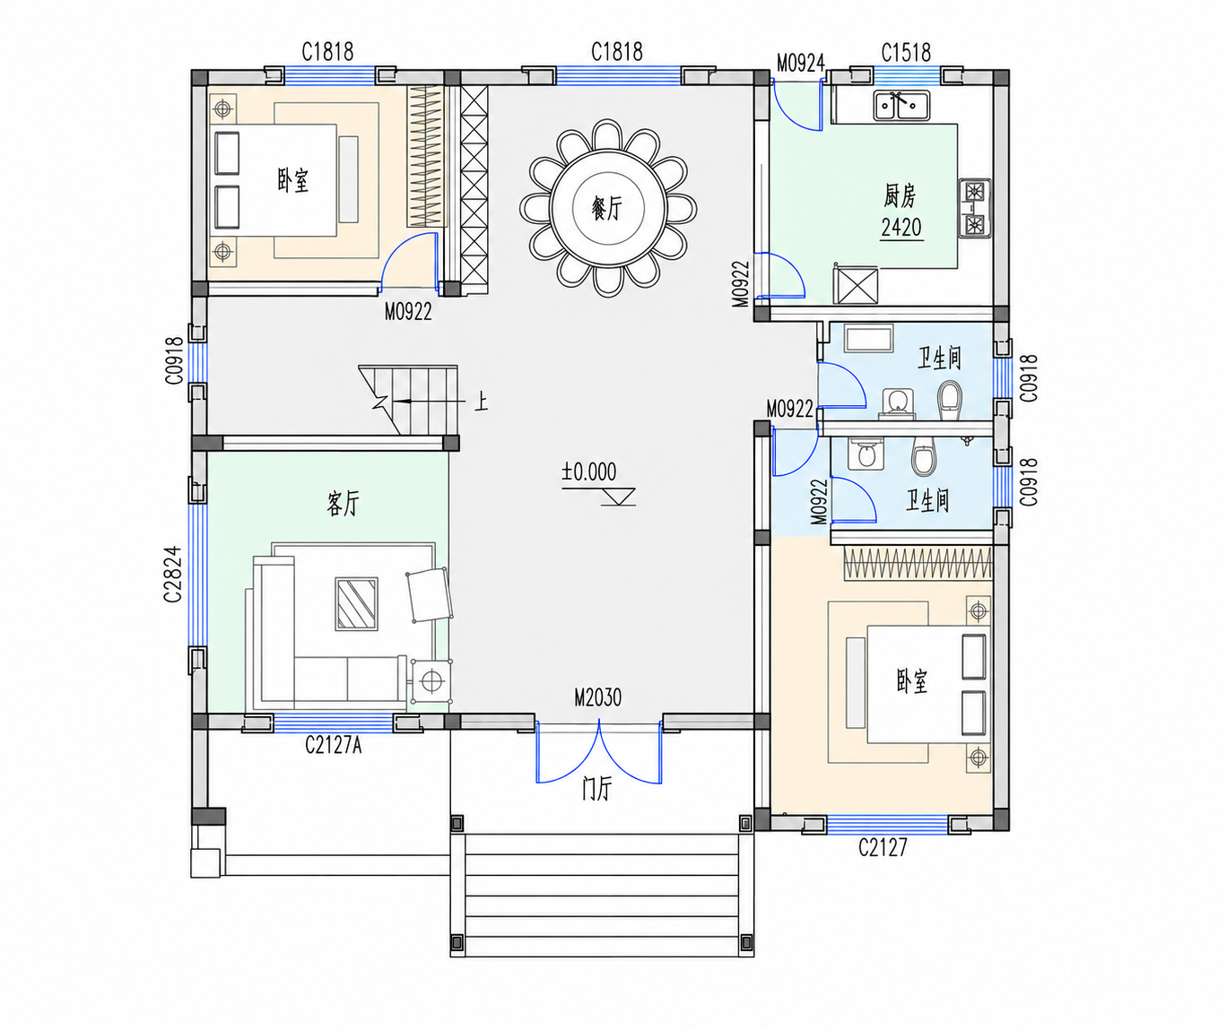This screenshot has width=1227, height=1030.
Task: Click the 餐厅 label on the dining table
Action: [607, 209]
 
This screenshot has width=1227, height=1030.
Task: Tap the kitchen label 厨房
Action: [900, 196]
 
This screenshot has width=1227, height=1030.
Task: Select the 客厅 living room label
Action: [343, 503]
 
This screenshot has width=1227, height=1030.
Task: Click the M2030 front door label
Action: [597, 697]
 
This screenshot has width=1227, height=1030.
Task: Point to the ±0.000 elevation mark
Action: [588, 472]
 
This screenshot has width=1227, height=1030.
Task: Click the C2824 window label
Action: [173, 575]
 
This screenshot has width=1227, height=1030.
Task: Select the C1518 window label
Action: [906, 53]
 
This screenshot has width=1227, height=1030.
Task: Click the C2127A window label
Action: [333, 746]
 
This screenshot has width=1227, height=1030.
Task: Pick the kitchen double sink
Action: [901, 106]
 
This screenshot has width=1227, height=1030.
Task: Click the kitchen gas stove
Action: [975, 208]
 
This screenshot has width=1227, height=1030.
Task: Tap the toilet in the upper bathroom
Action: [949, 400]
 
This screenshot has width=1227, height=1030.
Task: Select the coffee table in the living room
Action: [356, 603]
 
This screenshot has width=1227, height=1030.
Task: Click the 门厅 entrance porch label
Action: [597, 789]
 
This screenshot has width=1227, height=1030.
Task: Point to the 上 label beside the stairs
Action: [482, 402]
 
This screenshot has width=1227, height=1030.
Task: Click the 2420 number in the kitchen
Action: [901, 228]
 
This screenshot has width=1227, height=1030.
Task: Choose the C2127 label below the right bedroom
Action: [883, 847]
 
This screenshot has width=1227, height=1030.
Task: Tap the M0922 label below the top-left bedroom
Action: [408, 311]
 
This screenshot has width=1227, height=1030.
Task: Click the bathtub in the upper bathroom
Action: [868, 339]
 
